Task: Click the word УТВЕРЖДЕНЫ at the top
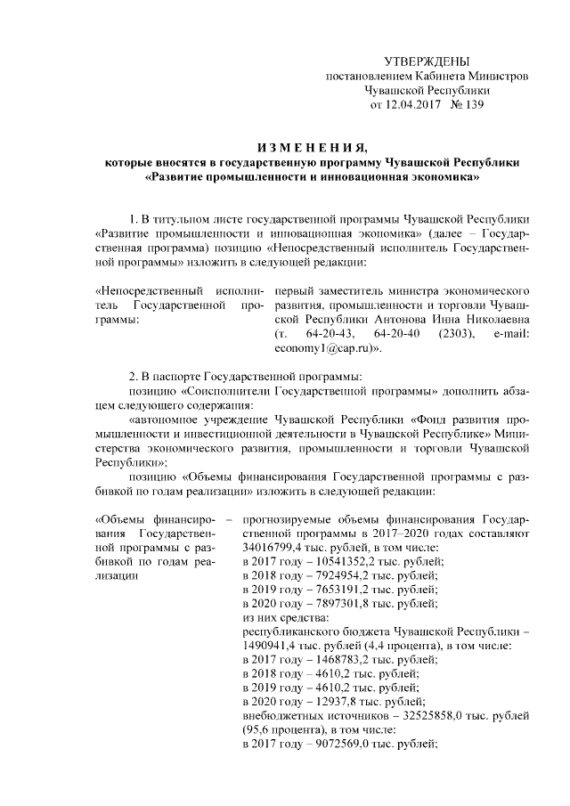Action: pos(426,61)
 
